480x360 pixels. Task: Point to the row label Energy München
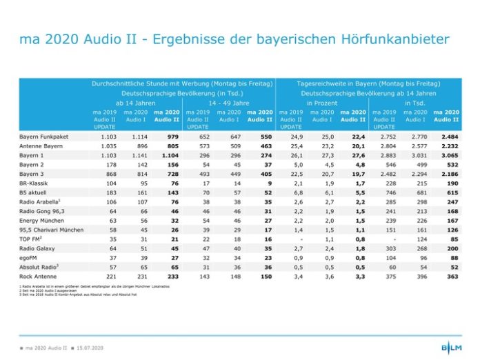(42, 220)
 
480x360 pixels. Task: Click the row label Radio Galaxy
(39, 248)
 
